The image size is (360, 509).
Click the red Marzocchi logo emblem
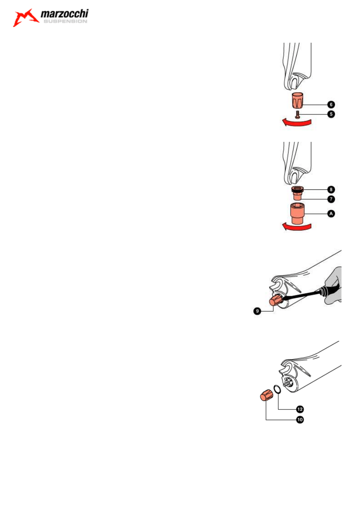[x=26, y=18]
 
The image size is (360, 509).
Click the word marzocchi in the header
[x=64, y=15]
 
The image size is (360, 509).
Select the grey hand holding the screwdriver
[x=333, y=286]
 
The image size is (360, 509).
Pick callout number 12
[x=299, y=409]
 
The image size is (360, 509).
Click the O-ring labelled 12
[x=277, y=389]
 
